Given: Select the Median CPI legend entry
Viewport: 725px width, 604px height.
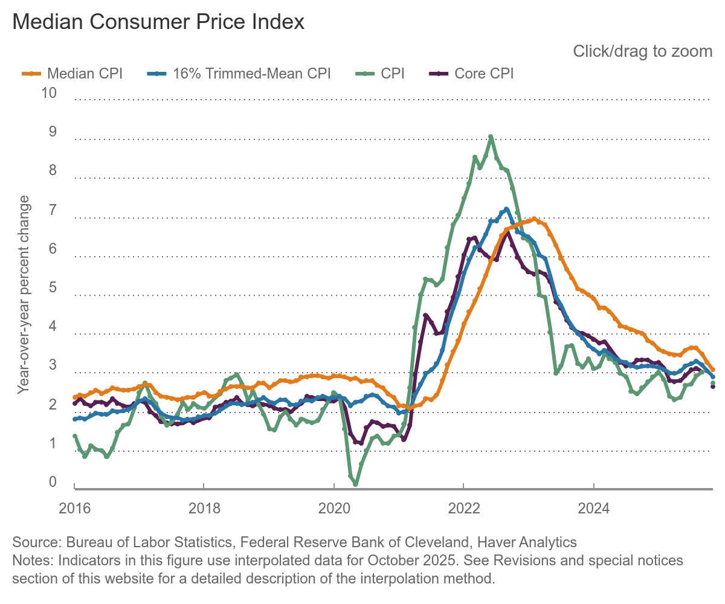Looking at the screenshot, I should tap(72, 74).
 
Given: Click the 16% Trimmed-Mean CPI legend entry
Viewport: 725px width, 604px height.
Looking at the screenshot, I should tap(239, 74).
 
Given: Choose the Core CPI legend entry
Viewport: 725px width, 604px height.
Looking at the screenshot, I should tap(471, 74).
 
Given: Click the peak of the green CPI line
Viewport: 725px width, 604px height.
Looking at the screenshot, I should tap(491, 137).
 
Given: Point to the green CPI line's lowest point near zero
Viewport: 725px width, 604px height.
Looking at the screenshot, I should tap(355, 484).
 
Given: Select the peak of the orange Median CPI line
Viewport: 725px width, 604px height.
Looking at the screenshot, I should tap(534, 219).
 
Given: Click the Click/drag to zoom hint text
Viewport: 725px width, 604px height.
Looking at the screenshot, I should tap(642, 51).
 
